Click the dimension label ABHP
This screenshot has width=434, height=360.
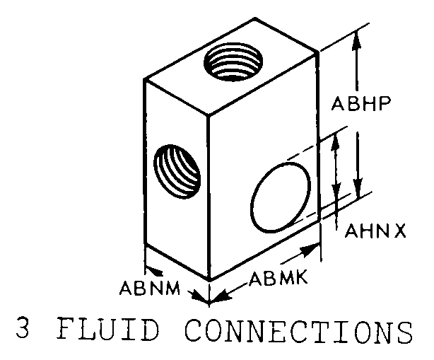361,103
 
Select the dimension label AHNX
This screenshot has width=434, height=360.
375,231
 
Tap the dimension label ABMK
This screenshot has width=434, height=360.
278,278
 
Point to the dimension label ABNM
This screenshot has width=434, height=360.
150,289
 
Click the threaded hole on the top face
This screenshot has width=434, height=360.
233,62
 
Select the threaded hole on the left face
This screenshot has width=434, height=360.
177,171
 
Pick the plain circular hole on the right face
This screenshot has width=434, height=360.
281,197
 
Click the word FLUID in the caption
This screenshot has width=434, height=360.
109,330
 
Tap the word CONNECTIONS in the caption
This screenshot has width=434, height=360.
299,330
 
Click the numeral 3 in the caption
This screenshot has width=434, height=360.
23,330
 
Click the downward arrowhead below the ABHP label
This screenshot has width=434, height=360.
358,187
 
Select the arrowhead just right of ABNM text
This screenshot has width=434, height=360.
200,297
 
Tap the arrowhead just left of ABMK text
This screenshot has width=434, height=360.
223,295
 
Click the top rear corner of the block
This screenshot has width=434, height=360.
255,18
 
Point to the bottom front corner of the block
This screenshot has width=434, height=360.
209,279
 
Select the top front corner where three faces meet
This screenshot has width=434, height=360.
208,114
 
